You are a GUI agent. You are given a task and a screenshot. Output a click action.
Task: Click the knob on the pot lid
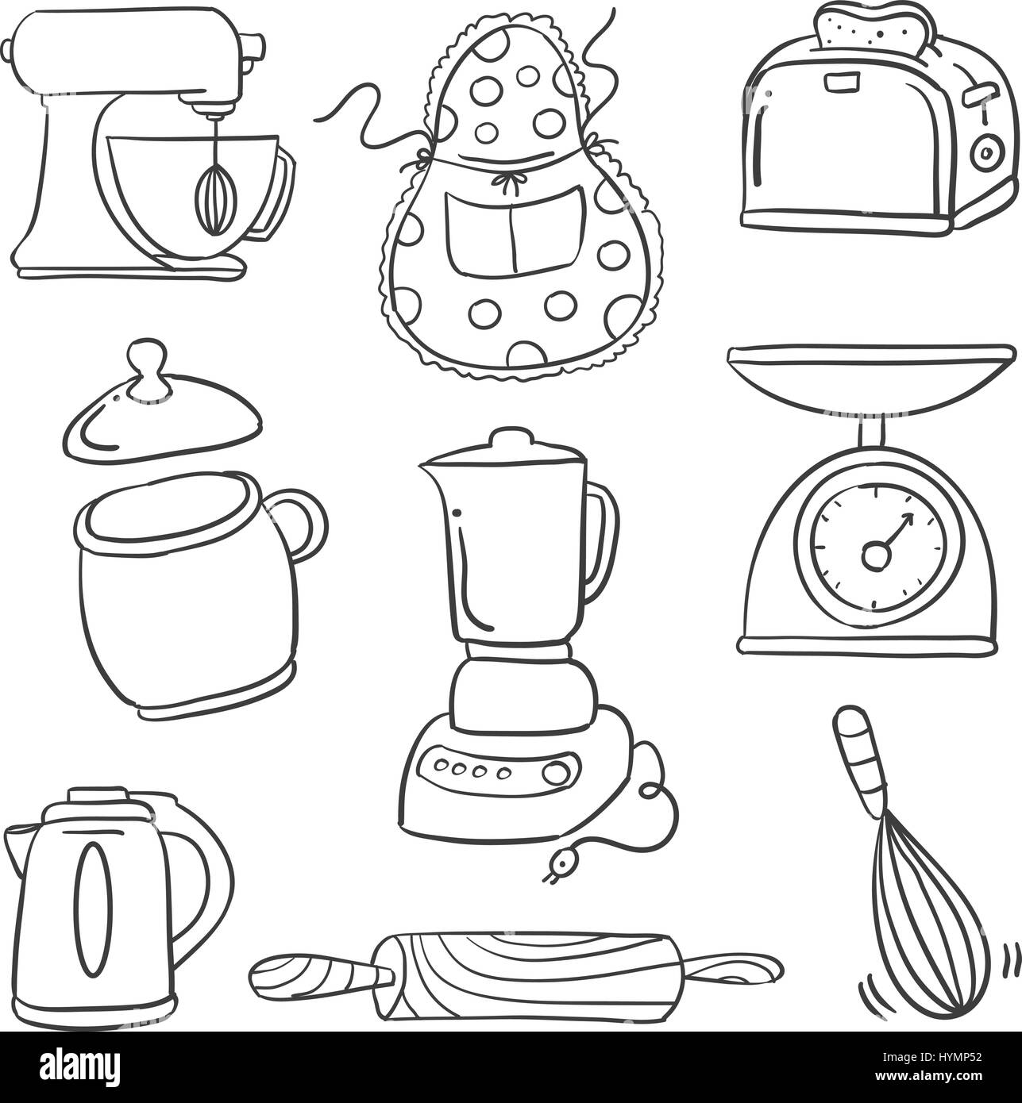point(148,366)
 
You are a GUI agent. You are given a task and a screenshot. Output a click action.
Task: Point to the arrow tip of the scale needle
point(909,517)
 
